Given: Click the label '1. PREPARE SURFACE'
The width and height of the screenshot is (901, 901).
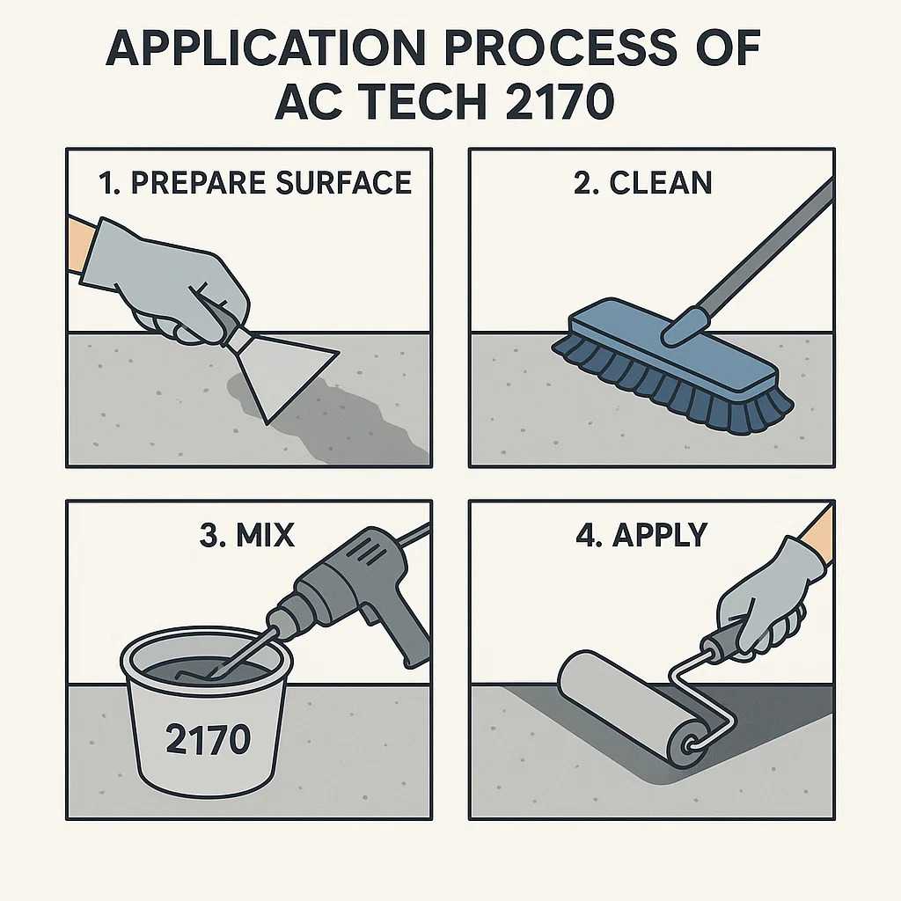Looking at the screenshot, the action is coord(255,183).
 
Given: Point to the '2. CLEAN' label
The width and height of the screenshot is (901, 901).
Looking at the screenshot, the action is coord(643,183).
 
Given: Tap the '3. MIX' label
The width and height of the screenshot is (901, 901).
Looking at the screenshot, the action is coord(247,535).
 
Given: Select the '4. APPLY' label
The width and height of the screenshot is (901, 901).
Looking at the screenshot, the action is coord(641,535).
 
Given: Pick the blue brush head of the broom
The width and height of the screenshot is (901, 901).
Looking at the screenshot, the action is coord(672,345).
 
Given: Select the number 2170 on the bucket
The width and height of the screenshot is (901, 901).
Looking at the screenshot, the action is coord(208,738).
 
